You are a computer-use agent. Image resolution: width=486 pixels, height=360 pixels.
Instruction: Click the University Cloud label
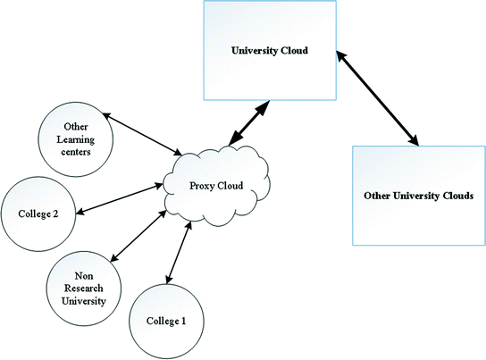[270, 51]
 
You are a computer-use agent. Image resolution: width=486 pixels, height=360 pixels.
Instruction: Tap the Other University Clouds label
[418, 196]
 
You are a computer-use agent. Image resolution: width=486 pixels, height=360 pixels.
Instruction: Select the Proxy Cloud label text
[216, 186]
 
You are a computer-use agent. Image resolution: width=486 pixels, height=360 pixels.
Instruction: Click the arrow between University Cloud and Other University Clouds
[378, 98]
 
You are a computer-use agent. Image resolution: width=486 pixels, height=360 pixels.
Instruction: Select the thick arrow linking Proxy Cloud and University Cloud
[249, 123]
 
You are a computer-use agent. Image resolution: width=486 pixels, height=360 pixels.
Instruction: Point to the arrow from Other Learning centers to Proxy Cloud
[142, 134]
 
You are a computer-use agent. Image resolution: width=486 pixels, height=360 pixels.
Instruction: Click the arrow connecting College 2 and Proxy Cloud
[120, 199]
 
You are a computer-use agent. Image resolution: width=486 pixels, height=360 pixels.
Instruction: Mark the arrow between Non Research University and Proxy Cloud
[138, 236]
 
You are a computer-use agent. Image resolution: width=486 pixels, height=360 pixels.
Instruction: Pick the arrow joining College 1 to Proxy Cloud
[179, 253]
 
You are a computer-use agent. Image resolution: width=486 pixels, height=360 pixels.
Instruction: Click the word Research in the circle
[84, 289]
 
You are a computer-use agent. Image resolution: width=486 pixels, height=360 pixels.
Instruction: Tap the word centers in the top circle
[76, 152]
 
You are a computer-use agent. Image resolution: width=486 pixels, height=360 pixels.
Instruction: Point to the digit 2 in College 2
[55, 213]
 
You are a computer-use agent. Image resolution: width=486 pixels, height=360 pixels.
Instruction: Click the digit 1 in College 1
[183, 321]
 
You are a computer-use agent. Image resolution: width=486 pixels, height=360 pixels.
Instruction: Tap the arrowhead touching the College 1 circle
[169, 279]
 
